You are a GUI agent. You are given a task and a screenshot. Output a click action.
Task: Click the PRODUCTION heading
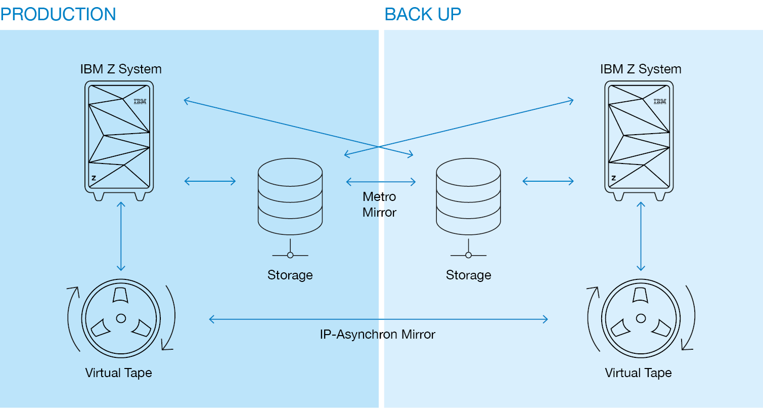(x=58, y=14)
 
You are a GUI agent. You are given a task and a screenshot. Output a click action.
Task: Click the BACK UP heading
(x=423, y=14)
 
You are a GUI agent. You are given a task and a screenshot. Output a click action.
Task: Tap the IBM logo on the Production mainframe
(x=140, y=101)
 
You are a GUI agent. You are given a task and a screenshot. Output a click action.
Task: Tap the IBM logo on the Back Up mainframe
(x=660, y=101)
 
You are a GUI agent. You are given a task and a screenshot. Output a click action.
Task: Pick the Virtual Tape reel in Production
(x=121, y=318)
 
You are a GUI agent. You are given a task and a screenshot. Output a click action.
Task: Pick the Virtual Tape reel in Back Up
(x=641, y=318)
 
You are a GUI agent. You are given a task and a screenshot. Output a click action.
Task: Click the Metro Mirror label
(x=379, y=204)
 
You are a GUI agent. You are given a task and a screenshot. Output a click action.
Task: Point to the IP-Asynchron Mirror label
(x=377, y=334)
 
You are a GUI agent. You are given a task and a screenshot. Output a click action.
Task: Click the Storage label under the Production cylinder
(x=290, y=275)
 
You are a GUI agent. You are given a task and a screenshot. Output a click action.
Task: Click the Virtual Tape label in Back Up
(x=638, y=373)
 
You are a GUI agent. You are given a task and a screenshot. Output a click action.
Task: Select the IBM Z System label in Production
(x=121, y=69)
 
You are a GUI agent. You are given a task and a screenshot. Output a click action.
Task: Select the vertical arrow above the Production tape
(x=121, y=236)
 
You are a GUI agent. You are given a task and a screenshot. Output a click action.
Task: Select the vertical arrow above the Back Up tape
(x=641, y=236)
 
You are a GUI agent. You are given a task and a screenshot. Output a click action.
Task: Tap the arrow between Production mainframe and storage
(x=210, y=181)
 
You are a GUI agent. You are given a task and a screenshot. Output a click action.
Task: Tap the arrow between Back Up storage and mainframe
(x=548, y=181)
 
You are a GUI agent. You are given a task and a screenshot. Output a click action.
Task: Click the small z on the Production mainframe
(x=94, y=178)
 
